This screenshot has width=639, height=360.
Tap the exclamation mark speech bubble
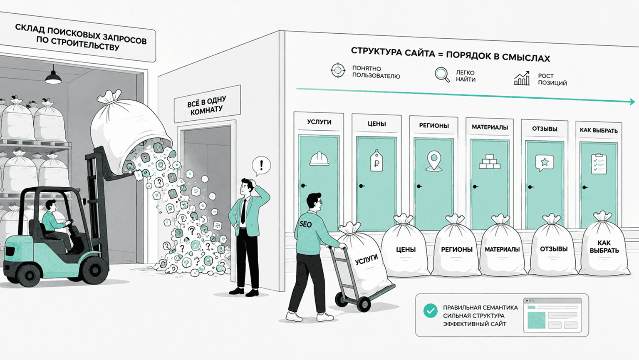coord(261,166)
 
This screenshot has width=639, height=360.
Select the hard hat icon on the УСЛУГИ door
coord(319,159)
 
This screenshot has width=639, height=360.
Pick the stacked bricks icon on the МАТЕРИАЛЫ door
coord(490,161)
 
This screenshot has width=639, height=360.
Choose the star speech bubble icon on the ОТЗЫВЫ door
coord(545,163)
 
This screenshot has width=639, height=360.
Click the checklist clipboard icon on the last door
coord(599,164)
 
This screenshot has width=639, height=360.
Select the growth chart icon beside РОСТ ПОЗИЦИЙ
coord(522,78)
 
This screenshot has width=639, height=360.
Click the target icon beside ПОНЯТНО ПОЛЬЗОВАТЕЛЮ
coord(338,70)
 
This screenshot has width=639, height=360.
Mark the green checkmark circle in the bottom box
coord(430,310)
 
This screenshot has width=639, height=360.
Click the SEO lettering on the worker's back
coord(305,224)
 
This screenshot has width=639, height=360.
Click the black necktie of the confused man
coord(243,211)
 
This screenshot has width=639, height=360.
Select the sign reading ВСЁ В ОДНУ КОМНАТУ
coord(207,105)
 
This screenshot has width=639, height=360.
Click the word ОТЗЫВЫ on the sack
coord(553,249)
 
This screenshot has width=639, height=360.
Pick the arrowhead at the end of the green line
coord(632,102)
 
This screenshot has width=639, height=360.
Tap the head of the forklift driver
coord(51,205)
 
